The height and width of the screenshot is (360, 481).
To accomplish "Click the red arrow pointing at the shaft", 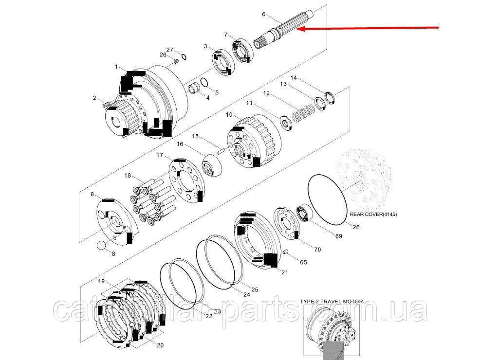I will pyautogui.click(x=370, y=28).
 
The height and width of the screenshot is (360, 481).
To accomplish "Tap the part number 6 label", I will pyautogui.click(x=263, y=15).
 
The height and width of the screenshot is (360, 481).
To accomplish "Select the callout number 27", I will pyautogui.click(x=170, y=50).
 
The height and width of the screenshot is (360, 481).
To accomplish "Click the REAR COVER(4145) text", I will pyautogui.click(x=373, y=214).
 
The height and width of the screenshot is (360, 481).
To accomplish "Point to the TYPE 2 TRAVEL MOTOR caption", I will pyautogui.click(x=331, y=302).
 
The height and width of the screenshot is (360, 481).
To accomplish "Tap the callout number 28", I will pyautogui.click(x=355, y=227).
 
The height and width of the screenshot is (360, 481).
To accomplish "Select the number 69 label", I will pyautogui.click(x=338, y=236).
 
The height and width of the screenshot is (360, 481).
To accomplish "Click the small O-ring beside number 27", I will pyautogui.click(x=184, y=56).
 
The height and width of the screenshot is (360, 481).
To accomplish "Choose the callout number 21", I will pyautogui.click(x=284, y=272).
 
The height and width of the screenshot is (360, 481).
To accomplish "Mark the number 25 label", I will pyautogui.click(x=254, y=289).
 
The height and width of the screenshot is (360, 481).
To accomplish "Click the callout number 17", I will pyautogui.click(x=160, y=155).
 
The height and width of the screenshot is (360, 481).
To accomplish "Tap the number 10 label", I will pyautogui.click(x=229, y=115).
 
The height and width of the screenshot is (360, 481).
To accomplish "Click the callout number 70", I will pyautogui.click(x=317, y=250).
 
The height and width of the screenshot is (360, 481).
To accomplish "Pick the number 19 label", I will pyautogui.click(x=102, y=281).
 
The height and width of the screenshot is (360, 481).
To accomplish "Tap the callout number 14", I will pyautogui.click(x=294, y=77).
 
